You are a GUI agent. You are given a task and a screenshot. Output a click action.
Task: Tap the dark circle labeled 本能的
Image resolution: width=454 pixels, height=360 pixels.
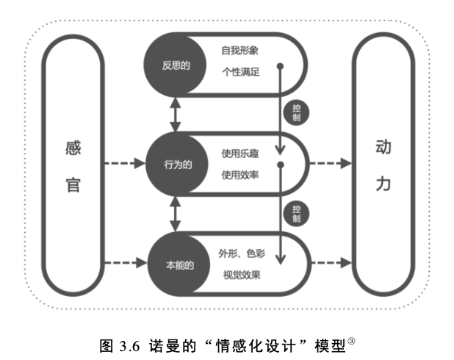176,264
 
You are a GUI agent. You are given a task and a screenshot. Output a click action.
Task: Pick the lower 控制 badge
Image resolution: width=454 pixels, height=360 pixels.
295,214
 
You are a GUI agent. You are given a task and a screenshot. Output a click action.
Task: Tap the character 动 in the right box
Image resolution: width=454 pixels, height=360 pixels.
383,148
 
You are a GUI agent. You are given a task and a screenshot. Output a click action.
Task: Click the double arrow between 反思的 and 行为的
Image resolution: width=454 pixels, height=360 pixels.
176,115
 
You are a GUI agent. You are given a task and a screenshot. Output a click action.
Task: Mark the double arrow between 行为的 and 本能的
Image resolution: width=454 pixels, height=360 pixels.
176,213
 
